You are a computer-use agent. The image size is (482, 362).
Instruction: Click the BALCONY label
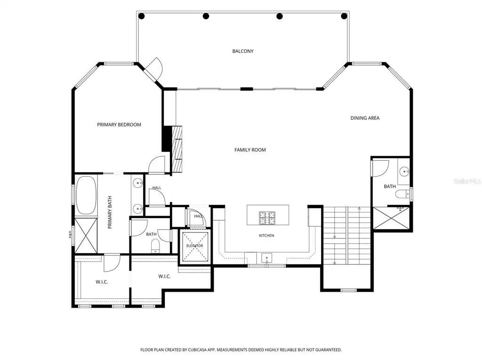(243, 51)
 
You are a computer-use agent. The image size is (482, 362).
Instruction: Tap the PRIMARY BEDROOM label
(119, 124)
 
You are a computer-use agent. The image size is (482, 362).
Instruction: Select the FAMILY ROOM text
(250, 150)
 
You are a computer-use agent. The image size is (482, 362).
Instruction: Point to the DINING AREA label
(365, 118)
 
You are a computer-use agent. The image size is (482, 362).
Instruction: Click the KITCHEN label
(266, 236)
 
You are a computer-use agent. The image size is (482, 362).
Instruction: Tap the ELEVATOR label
(194, 246)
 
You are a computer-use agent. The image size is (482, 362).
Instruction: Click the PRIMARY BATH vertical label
(110, 213)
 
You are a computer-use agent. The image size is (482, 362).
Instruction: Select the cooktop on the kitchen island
(267, 218)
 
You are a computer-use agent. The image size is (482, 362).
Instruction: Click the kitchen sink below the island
(266, 257)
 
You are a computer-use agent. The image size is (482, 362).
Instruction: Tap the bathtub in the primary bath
(86, 195)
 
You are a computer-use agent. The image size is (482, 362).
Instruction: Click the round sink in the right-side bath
(404, 171)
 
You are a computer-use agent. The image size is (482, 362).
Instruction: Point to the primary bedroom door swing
(157, 165)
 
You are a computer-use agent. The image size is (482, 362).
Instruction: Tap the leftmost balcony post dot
(141, 16)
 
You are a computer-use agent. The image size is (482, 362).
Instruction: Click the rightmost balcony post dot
(344, 16)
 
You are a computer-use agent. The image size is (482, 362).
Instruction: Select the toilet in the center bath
(156, 246)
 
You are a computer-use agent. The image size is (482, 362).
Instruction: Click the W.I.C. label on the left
(102, 282)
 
